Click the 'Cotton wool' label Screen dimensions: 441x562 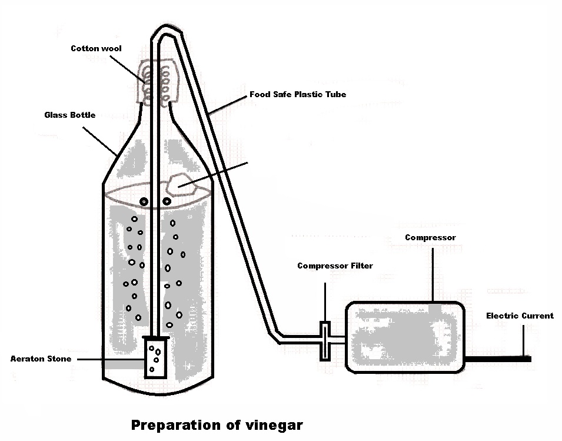tap(96, 48)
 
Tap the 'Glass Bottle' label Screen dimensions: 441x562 tap(69, 115)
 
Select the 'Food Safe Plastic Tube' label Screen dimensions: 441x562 tap(297, 94)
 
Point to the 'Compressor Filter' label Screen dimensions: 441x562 tap(335, 266)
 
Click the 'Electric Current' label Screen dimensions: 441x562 tap(520, 316)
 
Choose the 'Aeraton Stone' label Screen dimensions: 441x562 tap(41, 359)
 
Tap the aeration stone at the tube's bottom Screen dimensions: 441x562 tap(155, 357)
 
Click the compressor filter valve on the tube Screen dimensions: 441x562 tap(325, 341)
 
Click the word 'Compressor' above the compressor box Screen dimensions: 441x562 tap(430, 237)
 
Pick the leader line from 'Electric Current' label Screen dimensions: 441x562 tap(522, 339)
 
